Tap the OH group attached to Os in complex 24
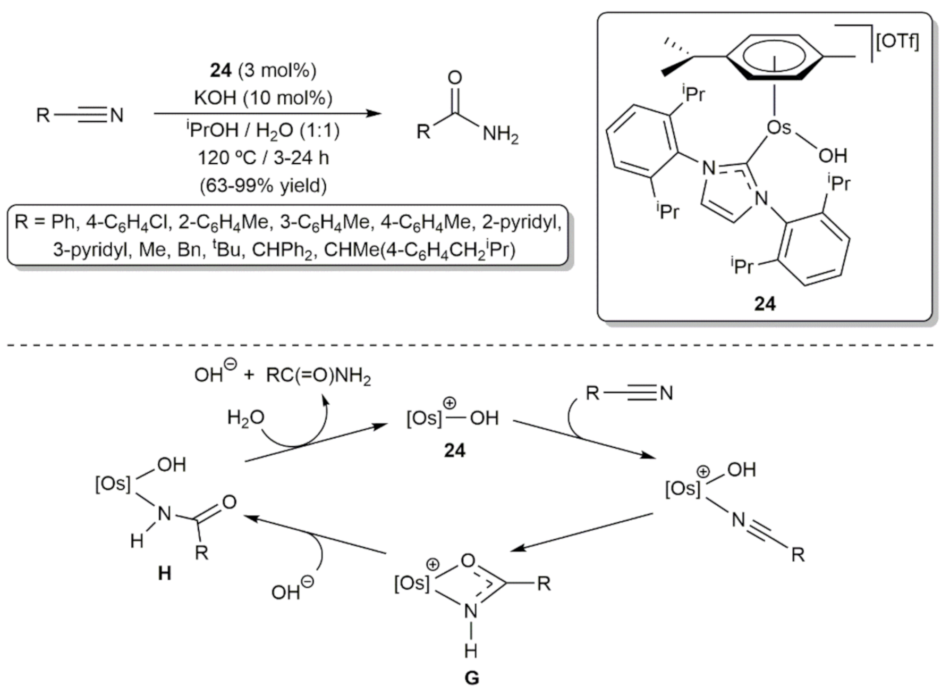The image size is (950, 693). click(832, 156)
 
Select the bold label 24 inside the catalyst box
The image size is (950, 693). click(765, 304)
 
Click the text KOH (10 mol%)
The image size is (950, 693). click(263, 98)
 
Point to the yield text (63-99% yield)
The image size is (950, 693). click(263, 186)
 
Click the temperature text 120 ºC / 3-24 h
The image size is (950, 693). click(263, 157)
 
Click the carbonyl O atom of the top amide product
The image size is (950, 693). click(455, 78)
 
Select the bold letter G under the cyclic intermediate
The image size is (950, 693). click(471, 678)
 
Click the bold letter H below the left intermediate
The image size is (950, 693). click(165, 573)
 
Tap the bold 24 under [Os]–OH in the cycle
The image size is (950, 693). click(454, 450)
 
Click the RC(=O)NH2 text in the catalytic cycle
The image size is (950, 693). click(318, 376)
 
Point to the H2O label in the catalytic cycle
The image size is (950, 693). click(245, 418)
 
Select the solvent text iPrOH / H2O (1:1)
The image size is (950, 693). click(263, 130)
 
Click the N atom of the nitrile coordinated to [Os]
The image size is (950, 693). click(738, 520)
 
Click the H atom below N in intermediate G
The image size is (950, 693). click(471, 650)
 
